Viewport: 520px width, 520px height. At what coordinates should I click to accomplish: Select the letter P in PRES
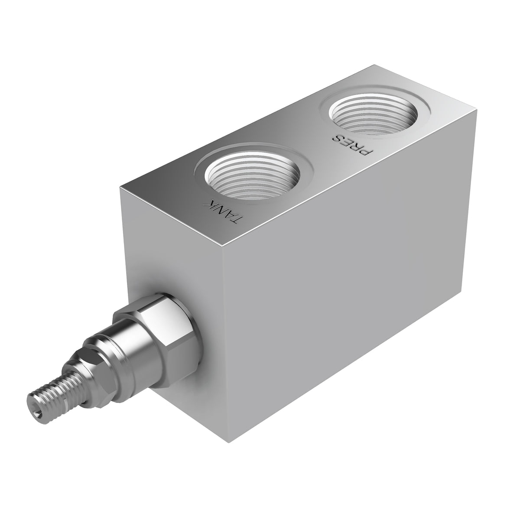[x=367, y=151]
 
